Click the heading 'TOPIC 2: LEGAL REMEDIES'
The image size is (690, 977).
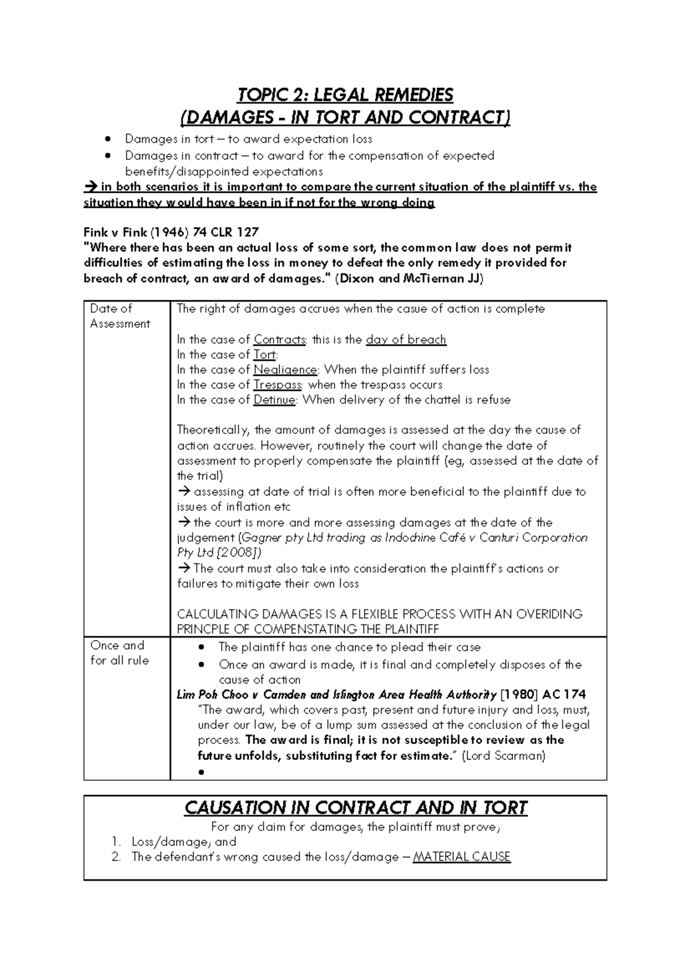point(345,95)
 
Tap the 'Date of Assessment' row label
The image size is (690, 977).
point(120,316)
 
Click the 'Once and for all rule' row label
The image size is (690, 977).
point(120,653)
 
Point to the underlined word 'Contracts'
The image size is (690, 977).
point(279,339)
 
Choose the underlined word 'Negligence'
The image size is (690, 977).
point(285,369)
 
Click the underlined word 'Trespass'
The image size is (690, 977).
point(278,384)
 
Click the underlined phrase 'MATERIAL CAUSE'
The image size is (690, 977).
point(462,857)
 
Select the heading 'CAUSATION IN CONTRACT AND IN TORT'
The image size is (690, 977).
point(355,808)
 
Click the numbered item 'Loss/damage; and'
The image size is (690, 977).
point(184,842)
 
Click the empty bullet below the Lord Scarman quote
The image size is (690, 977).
point(201,773)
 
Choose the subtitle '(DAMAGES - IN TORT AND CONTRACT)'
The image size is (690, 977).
point(345,118)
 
